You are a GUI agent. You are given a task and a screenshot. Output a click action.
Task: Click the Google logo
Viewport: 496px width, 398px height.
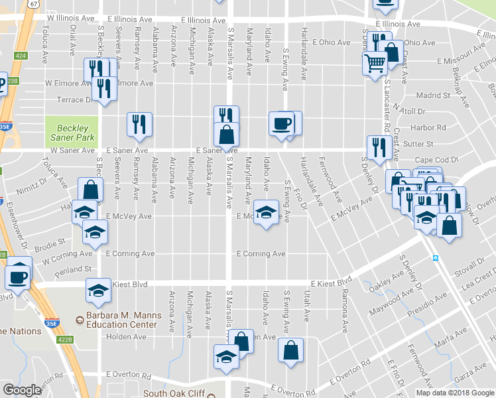pyautogui.click(x=22, y=390)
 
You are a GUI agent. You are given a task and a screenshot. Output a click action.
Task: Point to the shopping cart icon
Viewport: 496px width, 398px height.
pyautogui.click(x=375, y=64)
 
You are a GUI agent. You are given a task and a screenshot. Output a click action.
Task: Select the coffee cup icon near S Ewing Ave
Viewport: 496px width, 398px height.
pyautogui.click(x=281, y=123)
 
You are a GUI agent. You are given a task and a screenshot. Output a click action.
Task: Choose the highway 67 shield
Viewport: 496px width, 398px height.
pyautogui.click(x=32, y=4)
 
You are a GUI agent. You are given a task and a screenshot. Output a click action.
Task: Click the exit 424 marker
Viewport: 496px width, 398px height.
pyautogui.click(x=22, y=57)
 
